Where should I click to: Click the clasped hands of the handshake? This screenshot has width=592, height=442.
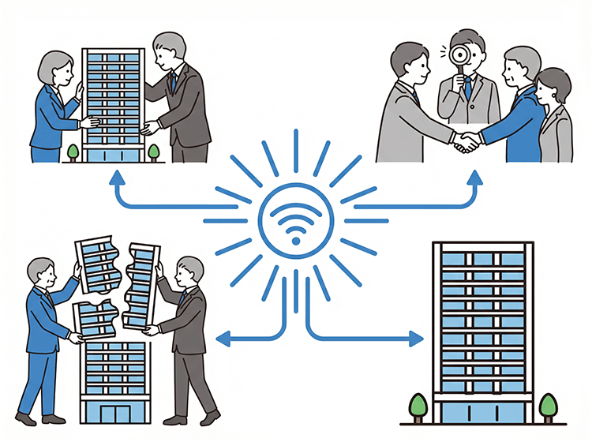[467, 142]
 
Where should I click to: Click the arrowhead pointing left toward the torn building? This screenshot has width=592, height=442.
[222, 339]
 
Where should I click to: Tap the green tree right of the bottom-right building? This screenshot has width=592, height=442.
[547, 407]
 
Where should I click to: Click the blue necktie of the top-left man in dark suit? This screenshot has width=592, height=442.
[171, 84]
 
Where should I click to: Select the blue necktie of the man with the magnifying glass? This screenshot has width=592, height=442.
[468, 87]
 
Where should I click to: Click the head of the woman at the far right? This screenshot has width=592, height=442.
[553, 85]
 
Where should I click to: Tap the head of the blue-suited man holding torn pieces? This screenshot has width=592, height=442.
[40, 275]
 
